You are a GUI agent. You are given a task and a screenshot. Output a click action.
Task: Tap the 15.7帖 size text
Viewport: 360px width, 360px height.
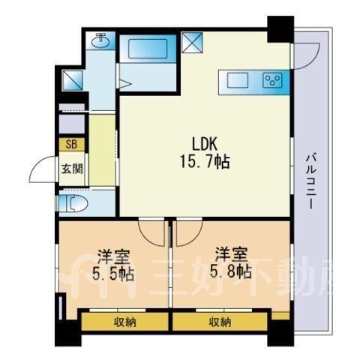click(205, 161)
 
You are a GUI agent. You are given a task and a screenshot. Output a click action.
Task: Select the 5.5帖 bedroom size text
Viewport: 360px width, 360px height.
click(113, 274)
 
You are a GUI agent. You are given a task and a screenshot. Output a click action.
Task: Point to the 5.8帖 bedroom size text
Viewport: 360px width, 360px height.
click(230, 271)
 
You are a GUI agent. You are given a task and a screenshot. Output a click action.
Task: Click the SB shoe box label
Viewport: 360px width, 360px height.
click(71, 144)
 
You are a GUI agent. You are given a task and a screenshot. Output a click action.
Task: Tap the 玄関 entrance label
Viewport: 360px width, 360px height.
click(72, 169)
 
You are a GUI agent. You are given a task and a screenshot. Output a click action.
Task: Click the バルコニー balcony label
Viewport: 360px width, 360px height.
click(310, 181)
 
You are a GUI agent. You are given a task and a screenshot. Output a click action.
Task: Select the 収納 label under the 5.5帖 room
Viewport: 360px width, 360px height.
click(125, 322)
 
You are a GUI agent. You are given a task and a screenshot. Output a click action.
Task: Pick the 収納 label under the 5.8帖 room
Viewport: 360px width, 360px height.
click(220, 322)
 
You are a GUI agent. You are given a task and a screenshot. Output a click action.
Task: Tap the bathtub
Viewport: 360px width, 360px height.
click(148, 49)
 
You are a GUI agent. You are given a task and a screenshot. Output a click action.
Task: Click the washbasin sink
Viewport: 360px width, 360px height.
click(100, 40)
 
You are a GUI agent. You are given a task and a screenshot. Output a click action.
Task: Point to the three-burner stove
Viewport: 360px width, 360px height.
click(272, 80)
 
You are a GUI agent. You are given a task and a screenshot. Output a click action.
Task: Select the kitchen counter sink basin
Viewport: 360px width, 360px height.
click(238, 80)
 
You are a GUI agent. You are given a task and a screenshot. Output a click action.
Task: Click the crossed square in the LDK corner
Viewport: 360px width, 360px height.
click(192, 43)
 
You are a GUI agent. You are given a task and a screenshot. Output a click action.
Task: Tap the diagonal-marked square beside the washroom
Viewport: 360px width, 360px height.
click(72, 79)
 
